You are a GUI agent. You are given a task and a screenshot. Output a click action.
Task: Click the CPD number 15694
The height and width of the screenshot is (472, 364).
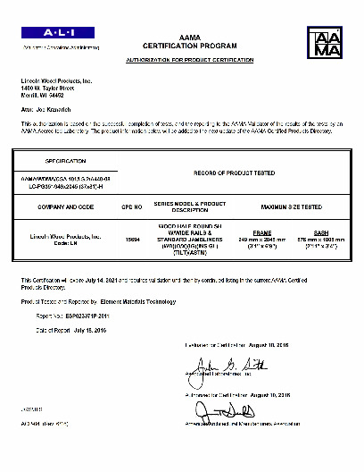132,240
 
